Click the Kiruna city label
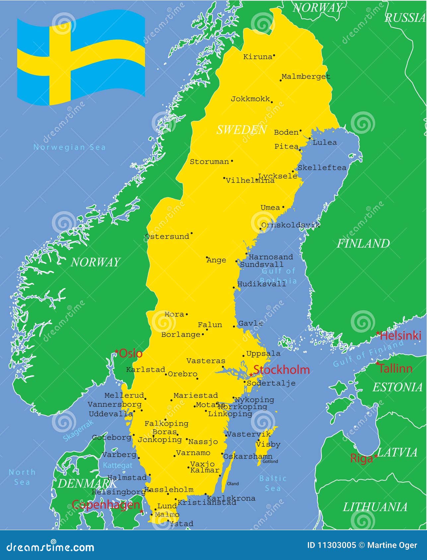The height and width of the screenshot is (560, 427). [257, 57]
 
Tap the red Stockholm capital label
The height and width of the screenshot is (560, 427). [281, 370]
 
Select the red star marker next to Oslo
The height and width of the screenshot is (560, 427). [116, 351]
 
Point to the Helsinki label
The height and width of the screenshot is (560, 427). [400, 336]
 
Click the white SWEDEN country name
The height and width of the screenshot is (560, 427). [242, 130]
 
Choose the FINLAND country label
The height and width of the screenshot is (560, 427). [363, 244]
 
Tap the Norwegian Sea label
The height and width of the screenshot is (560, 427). [69, 147]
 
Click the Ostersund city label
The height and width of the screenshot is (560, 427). [167, 237]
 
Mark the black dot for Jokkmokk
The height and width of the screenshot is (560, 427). [272, 102]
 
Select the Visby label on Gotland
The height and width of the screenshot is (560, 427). [268, 444]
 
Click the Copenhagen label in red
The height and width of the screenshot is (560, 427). [106, 505]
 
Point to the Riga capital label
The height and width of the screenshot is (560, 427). [361, 459]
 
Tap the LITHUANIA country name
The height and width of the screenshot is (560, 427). [375, 507]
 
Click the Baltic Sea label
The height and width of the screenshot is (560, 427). [273, 483]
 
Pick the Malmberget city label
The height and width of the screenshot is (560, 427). [306, 77]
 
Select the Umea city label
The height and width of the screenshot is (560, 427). [270, 208]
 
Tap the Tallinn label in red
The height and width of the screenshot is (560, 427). [395, 368]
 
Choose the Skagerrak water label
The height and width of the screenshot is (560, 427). [78, 430]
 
